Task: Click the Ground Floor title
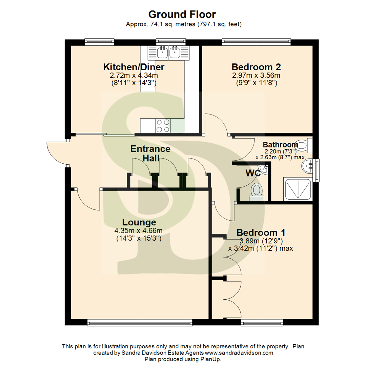pos(182,15)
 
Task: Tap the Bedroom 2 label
pos(256,66)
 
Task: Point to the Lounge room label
pos(139,222)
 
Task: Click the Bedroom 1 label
pos(261,233)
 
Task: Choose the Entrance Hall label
pos(150,153)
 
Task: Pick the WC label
pos(253,174)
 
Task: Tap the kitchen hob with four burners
pos(162,126)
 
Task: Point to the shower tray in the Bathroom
pos(298,188)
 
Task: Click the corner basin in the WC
pos(263,168)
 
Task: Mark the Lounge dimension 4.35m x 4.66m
pos(138,231)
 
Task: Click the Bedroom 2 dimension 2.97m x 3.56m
pos(256,75)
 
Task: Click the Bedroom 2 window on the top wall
pos(256,42)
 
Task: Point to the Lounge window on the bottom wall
pos(140,322)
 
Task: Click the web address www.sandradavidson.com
pos(239,353)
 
